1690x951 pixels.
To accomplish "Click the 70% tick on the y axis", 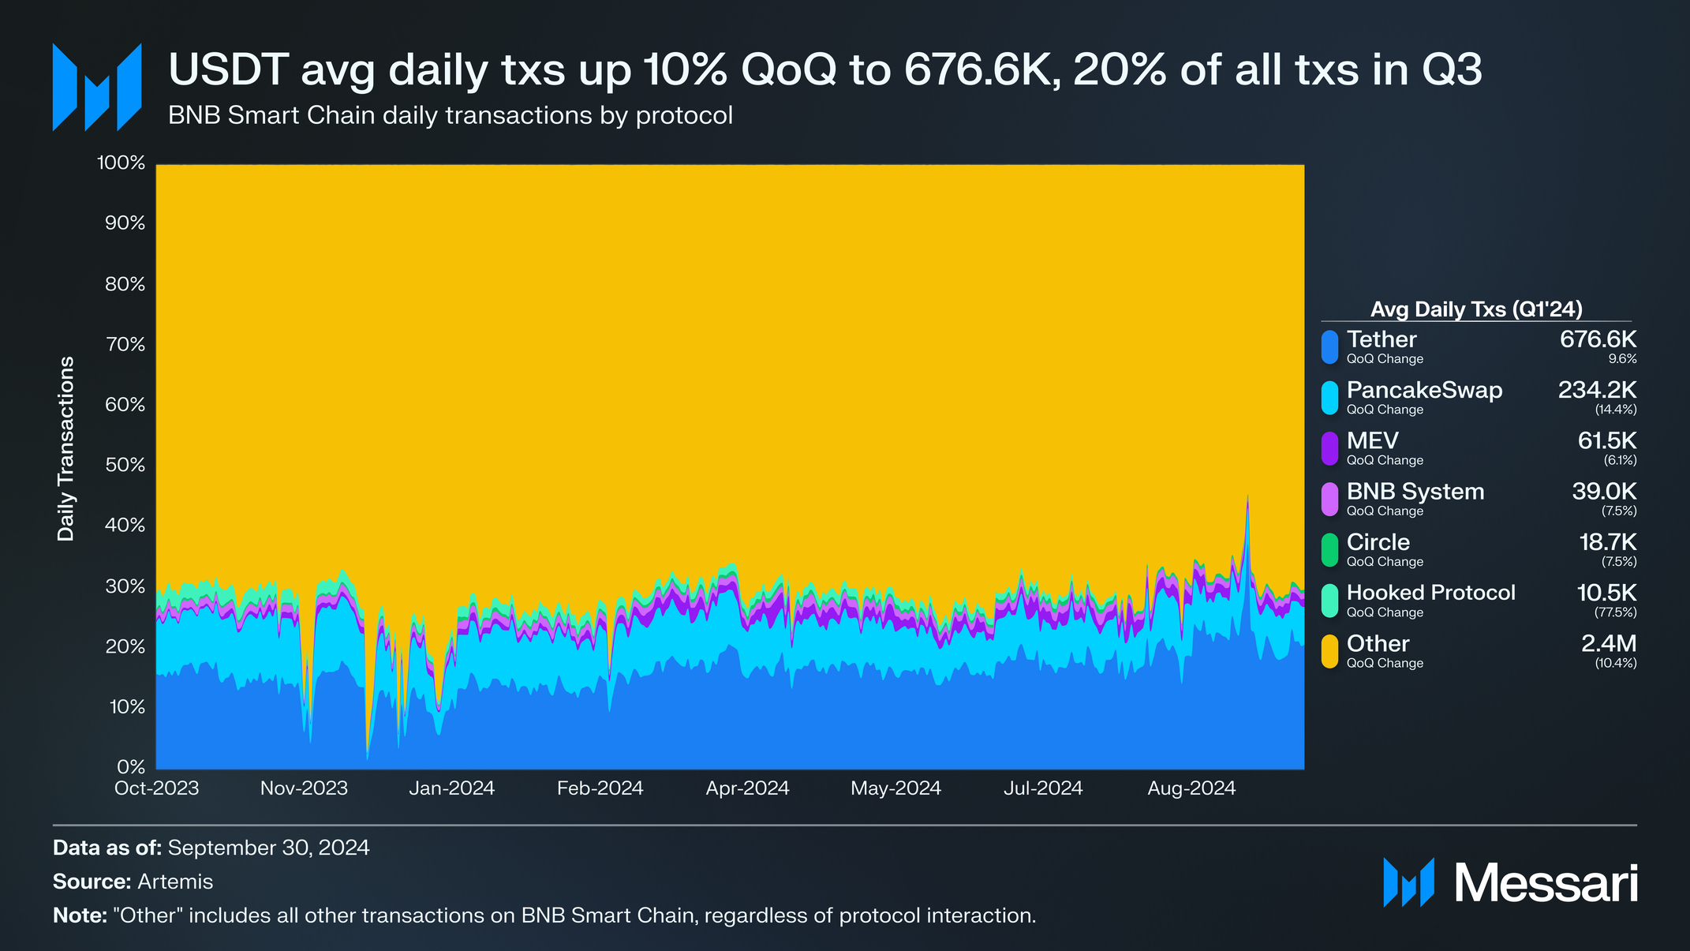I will coord(125,344).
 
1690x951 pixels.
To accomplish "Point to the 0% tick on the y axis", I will coord(130,766).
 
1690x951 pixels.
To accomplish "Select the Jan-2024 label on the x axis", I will coord(451,788).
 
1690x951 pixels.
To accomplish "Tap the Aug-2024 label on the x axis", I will coord(1191,788).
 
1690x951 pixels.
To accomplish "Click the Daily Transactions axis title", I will coord(66,447).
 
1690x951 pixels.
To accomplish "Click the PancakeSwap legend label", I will coord(1423,390).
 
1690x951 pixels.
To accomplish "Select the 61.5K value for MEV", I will coord(1606,440).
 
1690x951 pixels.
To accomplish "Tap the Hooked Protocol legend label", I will coord(1430,593).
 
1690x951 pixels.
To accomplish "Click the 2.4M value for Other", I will coord(1608,643).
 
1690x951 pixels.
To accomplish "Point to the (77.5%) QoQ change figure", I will coord(1615,612).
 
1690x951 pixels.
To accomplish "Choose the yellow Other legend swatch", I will coord(1329,651).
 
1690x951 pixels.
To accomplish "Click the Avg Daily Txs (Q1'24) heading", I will coord(1475,309).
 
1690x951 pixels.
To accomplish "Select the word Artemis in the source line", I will coord(175,882).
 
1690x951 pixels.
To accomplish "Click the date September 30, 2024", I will coord(268,848).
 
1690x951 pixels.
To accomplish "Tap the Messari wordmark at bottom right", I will coord(1545,883).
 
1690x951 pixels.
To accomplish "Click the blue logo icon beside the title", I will coord(96,87).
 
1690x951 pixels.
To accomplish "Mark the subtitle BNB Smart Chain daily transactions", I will coord(450,115).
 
